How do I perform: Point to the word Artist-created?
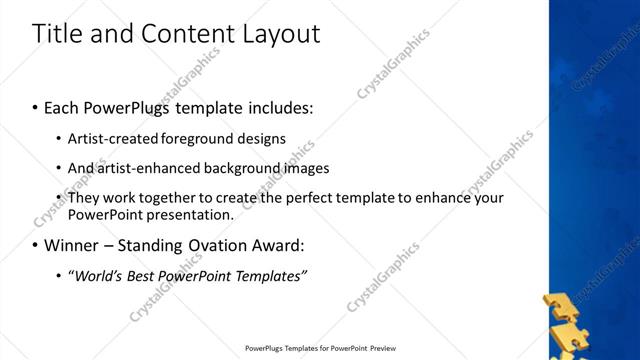[x=109, y=138]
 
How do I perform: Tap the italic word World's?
[x=95, y=275]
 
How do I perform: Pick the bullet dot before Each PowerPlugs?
[x=35, y=107]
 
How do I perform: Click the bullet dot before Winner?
[x=35, y=245]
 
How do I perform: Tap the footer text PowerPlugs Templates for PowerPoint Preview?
[x=321, y=349]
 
